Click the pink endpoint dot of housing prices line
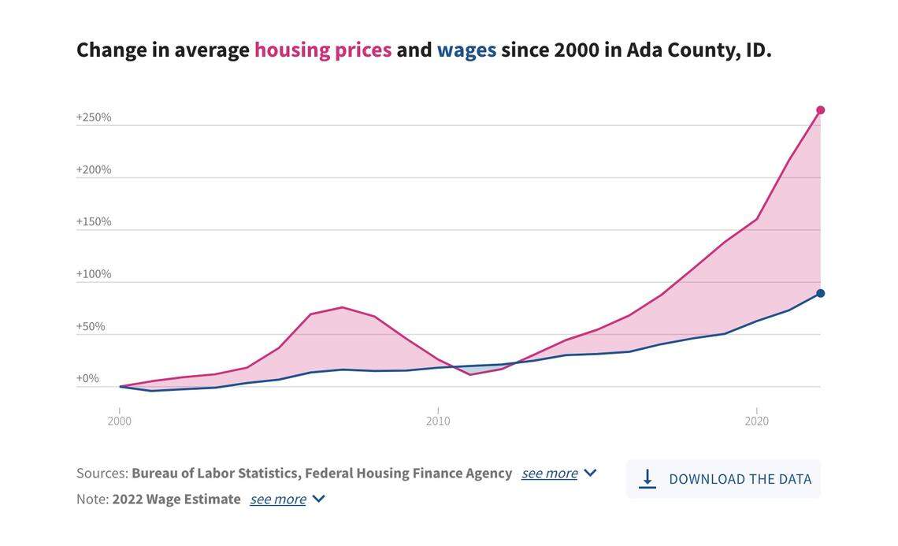click(x=820, y=110)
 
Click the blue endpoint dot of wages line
click(x=820, y=293)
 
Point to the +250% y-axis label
click(x=94, y=117)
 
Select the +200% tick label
click(x=94, y=169)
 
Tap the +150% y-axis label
click(x=94, y=221)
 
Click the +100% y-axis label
click(x=94, y=274)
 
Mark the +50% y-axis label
click(x=91, y=326)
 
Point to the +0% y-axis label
click(x=87, y=378)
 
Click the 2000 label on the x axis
click(x=120, y=421)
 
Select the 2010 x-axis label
click(x=438, y=421)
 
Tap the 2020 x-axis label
click(x=756, y=421)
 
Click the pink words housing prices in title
click(x=322, y=50)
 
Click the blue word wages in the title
click(x=466, y=50)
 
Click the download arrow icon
click(x=647, y=479)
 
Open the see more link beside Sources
click(x=549, y=473)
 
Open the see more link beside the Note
click(x=277, y=499)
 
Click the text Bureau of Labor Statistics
click(x=214, y=473)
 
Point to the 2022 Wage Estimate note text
click(x=176, y=499)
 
